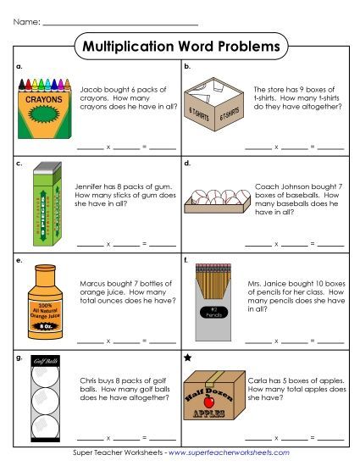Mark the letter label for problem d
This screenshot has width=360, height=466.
point(187,161)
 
